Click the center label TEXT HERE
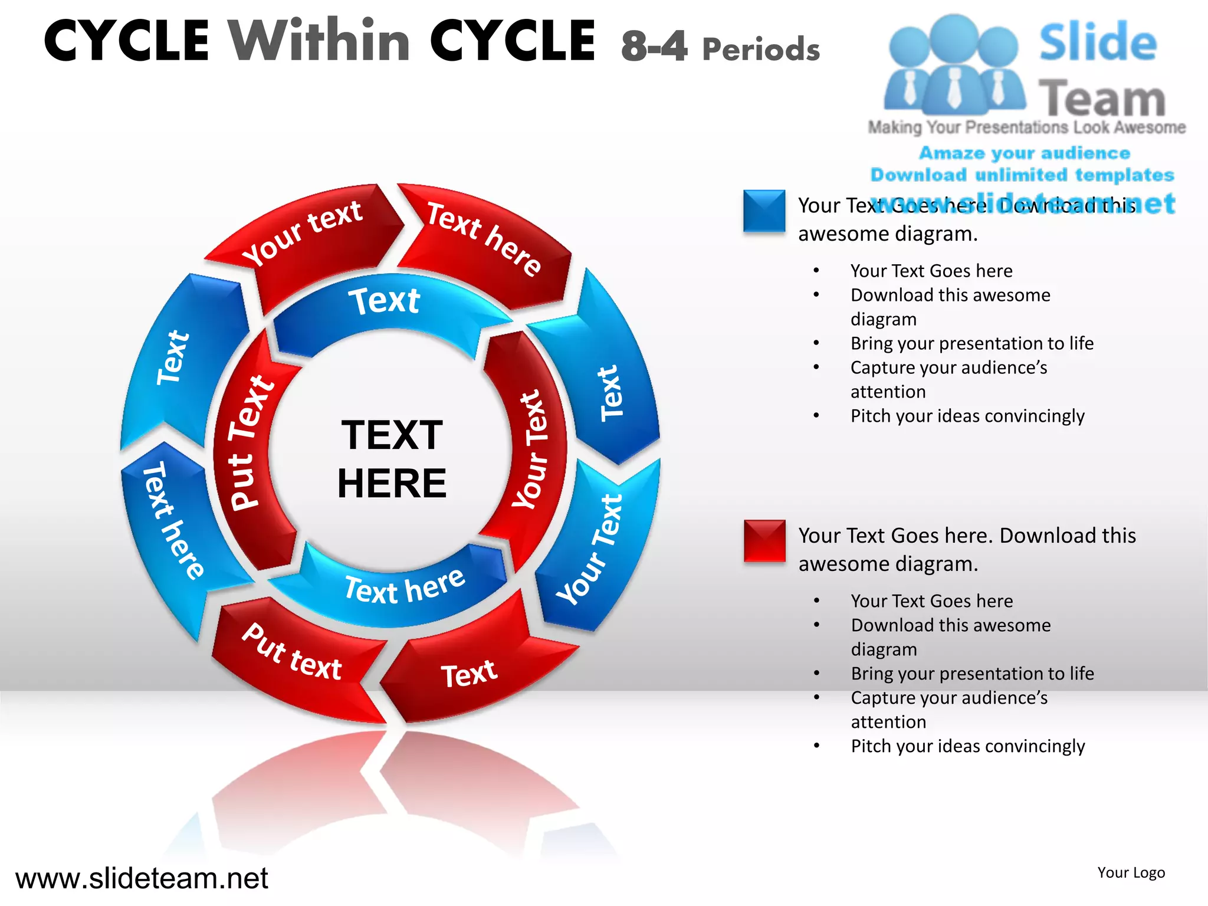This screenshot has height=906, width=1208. coord(392,458)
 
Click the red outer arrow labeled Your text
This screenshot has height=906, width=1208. coord(304,236)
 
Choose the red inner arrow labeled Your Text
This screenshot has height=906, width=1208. coord(531,448)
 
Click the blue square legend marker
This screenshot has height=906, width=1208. coord(764,211)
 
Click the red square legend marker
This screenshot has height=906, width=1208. coord(764,540)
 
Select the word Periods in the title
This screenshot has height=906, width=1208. coord(761,50)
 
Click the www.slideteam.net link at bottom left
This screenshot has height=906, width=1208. coord(142,878)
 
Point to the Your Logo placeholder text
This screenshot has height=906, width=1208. coord(1131,872)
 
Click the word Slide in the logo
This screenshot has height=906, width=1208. coord(1098,42)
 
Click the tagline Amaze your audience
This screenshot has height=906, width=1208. coord(1025,153)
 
